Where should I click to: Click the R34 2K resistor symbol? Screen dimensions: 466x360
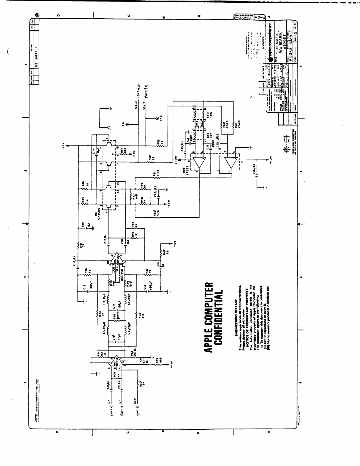97,315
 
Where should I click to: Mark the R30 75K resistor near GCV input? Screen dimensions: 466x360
138,384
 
